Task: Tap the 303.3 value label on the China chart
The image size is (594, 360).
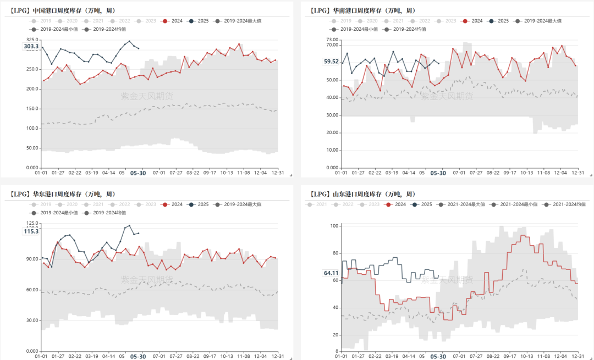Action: (x=31, y=47)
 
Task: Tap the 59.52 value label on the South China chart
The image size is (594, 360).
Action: (x=332, y=62)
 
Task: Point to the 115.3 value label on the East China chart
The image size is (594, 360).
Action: (x=31, y=231)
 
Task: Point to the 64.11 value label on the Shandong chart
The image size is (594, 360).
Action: (x=332, y=273)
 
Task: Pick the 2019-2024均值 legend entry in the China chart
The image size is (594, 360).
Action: (x=103, y=29)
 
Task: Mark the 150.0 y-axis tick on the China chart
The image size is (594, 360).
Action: (x=32, y=108)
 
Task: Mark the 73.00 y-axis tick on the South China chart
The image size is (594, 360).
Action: (x=332, y=40)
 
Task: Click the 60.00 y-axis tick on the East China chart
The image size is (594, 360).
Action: (x=31, y=290)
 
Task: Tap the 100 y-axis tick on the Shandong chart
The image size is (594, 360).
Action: (x=334, y=226)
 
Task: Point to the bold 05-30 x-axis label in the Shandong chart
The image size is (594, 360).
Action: (x=438, y=357)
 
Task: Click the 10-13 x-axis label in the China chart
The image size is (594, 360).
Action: (x=227, y=173)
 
